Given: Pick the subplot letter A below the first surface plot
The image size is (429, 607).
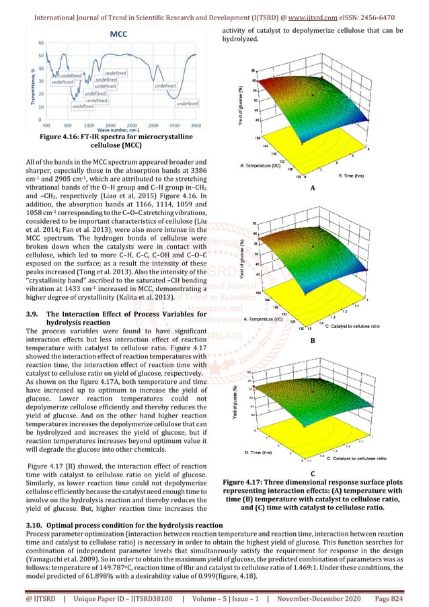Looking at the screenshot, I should [313, 190].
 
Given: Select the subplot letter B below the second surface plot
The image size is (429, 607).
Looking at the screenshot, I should [313, 341].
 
